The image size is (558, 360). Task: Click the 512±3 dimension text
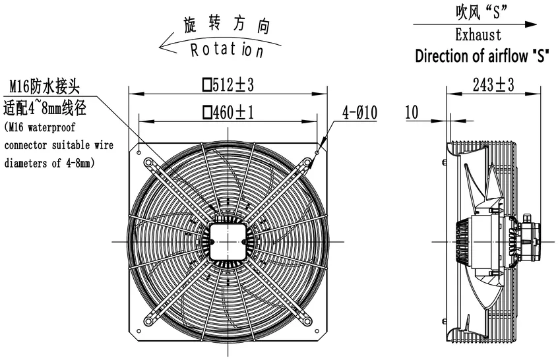pyautogui.click(x=228, y=85)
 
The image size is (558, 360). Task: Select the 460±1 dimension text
pyautogui.click(x=228, y=112)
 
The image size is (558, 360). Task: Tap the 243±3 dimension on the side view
pyautogui.click(x=493, y=85)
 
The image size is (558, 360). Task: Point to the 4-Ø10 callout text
pyautogui.click(x=359, y=112)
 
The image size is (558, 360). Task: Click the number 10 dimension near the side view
pyautogui.click(x=412, y=112)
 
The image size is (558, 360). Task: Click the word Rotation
pyautogui.click(x=227, y=50)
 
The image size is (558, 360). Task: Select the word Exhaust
pyautogui.click(x=478, y=35)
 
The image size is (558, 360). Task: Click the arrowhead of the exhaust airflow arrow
pyautogui.click(x=530, y=24)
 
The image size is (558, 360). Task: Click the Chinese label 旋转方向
pyautogui.click(x=227, y=25)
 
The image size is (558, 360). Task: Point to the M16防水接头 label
pyautogui.click(x=44, y=86)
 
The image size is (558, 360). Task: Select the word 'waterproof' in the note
pyautogui.click(x=51, y=127)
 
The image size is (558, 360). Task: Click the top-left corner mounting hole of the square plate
pyautogui.click(x=139, y=152)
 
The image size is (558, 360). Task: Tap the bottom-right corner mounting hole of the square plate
pyautogui.click(x=317, y=331)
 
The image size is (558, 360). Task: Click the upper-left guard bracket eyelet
pyautogui.click(x=148, y=163)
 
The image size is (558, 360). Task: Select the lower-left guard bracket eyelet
pyautogui.click(x=148, y=322)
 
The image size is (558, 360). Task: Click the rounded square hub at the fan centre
pyautogui.click(x=228, y=241)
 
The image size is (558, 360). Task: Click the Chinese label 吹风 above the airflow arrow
pyautogui.click(x=468, y=11)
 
